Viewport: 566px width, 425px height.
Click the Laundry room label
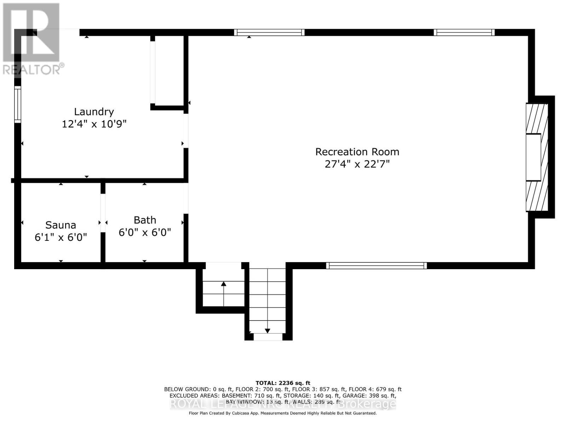(x=94, y=112)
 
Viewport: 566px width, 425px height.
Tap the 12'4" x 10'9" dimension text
(x=94, y=124)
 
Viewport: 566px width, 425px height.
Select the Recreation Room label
(x=357, y=152)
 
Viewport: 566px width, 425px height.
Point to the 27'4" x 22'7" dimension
(x=357, y=164)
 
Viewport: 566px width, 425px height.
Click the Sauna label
(x=60, y=225)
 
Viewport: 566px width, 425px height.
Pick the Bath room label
(x=145, y=220)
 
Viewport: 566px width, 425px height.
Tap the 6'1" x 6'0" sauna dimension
(x=60, y=237)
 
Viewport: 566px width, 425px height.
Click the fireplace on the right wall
(x=537, y=157)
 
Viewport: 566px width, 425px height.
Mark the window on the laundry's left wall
(x=17, y=104)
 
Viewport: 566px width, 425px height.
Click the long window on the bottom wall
(x=376, y=266)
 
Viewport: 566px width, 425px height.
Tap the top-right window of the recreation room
(x=464, y=32)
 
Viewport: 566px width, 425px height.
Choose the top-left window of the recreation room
(x=269, y=32)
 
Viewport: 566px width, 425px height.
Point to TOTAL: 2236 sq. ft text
(x=283, y=383)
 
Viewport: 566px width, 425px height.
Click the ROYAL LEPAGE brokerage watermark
(x=283, y=404)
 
